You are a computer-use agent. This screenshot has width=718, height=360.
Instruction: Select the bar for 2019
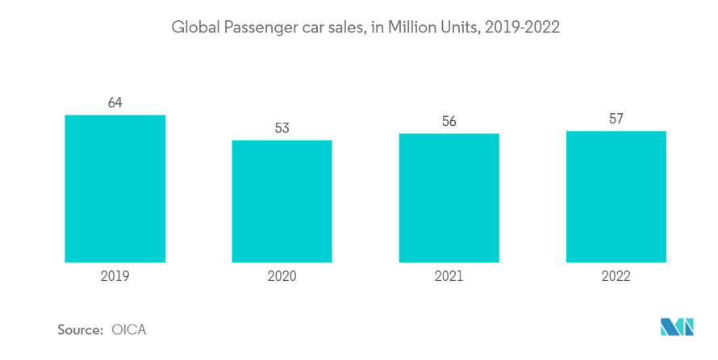pyautogui.click(x=115, y=188)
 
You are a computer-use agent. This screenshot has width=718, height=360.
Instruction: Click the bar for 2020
pyautogui.click(x=282, y=201)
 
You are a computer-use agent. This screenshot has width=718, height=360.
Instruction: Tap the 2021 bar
pyautogui.click(x=449, y=198)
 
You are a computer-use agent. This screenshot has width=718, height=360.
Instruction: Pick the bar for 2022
pyautogui.click(x=616, y=196)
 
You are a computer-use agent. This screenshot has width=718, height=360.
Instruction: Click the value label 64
pyautogui.click(x=115, y=103)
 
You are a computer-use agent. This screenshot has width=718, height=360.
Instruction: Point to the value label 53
pyautogui.click(x=282, y=128)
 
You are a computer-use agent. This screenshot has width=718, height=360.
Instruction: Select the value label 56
pyautogui.click(x=449, y=121)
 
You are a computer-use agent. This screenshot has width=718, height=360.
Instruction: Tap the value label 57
pyautogui.click(x=616, y=119)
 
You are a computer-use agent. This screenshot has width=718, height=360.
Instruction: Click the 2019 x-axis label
pyautogui.click(x=115, y=276)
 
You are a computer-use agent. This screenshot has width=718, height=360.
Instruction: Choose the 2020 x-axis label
pyautogui.click(x=282, y=276)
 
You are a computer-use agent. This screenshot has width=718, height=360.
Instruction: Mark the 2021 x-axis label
pyautogui.click(x=449, y=276)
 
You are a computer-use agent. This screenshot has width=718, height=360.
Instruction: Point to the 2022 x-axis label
pyautogui.click(x=616, y=276)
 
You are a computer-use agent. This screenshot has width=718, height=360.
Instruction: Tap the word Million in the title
pyautogui.click(x=411, y=27)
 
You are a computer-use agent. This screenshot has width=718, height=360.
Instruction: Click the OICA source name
pyautogui.click(x=129, y=329)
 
